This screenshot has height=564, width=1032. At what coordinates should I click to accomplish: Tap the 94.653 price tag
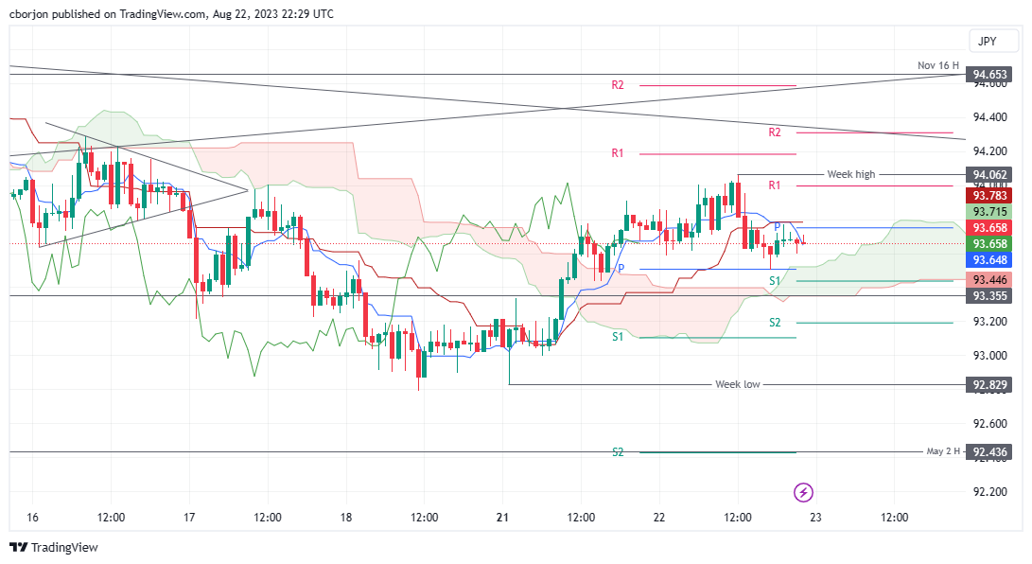pyautogui.click(x=989, y=74)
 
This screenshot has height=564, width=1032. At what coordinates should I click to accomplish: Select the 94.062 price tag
pyautogui.click(x=989, y=174)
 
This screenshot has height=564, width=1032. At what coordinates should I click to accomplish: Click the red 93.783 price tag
pyautogui.click(x=989, y=195)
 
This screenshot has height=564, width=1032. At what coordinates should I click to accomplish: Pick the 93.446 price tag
pyautogui.click(x=989, y=279)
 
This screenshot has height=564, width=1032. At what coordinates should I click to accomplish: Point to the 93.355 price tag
pyautogui.click(x=989, y=296)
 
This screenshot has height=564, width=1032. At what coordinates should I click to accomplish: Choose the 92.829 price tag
pyautogui.click(x=989, y=385)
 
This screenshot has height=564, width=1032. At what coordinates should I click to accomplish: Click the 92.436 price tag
pyautogui.click(x=989, y=452)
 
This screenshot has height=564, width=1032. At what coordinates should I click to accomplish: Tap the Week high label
pyautogui.click(x=851, y=174)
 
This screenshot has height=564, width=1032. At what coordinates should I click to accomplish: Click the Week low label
pyautogui.click(x=737, y=385)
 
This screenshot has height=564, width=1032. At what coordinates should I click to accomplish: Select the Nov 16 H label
pyautogui.click(x=938, y=65)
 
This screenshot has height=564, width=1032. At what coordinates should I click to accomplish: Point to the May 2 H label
pyautogui.click(x=943, y=451)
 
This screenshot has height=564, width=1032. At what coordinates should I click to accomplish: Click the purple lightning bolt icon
pyautogui.click(x=803, y=492)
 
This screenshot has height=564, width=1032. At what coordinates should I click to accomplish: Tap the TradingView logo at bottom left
pyautogui.click(x=54, y=547)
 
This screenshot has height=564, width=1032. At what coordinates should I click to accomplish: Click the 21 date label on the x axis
pyautogui.click(x=502, y=518)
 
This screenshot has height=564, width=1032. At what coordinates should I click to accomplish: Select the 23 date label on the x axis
pyautogui.click(x=815, y=518)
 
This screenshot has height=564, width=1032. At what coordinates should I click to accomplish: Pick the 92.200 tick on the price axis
pyautogui.click(x=989, y=492)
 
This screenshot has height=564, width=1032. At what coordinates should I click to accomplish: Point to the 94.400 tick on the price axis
pyautogui.click(x=989, y=117)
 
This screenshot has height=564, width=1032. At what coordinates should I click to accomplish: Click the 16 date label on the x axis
pyautogui.click(x=33, y=518)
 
